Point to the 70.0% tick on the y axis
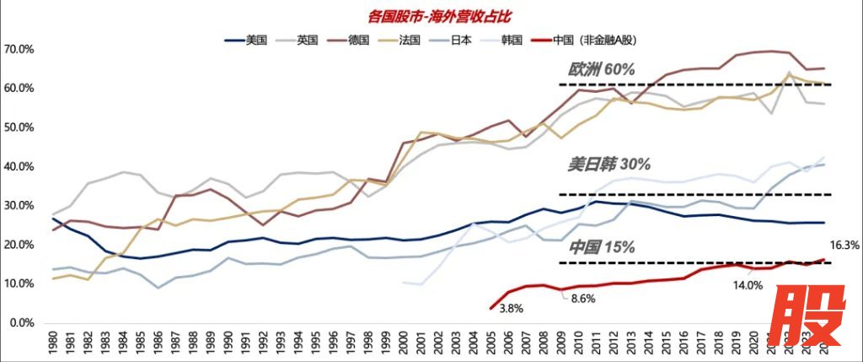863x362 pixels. [18, 50]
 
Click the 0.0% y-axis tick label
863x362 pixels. [20, 323]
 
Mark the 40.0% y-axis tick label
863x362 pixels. [18, 167]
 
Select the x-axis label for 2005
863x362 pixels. [491, 344]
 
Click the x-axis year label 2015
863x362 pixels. [666, 344]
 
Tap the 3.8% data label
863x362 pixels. [511, 309]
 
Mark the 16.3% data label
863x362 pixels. [844, 246]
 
